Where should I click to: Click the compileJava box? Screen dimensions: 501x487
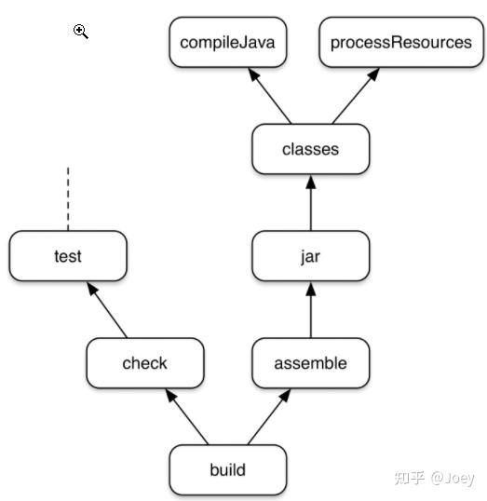tap(227, 43)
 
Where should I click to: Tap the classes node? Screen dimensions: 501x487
tap(310, 149)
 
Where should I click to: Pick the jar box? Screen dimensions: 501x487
tap(310, 255)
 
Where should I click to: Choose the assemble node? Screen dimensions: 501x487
tap(310, 363)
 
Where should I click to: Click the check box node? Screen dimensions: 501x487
tap(143, 363)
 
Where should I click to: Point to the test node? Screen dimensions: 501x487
tap(67, 255)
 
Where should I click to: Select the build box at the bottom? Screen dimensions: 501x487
tap(227, 469)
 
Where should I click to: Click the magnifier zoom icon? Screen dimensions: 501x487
tap(81, 32)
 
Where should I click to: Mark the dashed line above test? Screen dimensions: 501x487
tap(68, 198)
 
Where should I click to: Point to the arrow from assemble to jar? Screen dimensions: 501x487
tap(310, 309)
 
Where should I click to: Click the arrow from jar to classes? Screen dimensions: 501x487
tap(310, 202)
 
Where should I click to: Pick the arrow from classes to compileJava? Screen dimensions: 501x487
tap(271, 96)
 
